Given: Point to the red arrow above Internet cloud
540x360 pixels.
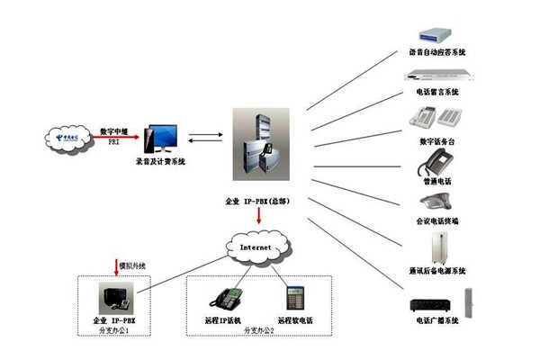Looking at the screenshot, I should click(260, 216).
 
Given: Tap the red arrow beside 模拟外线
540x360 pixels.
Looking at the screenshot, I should click(116, 266).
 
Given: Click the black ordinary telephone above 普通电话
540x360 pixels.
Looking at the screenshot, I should click(436, 162).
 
